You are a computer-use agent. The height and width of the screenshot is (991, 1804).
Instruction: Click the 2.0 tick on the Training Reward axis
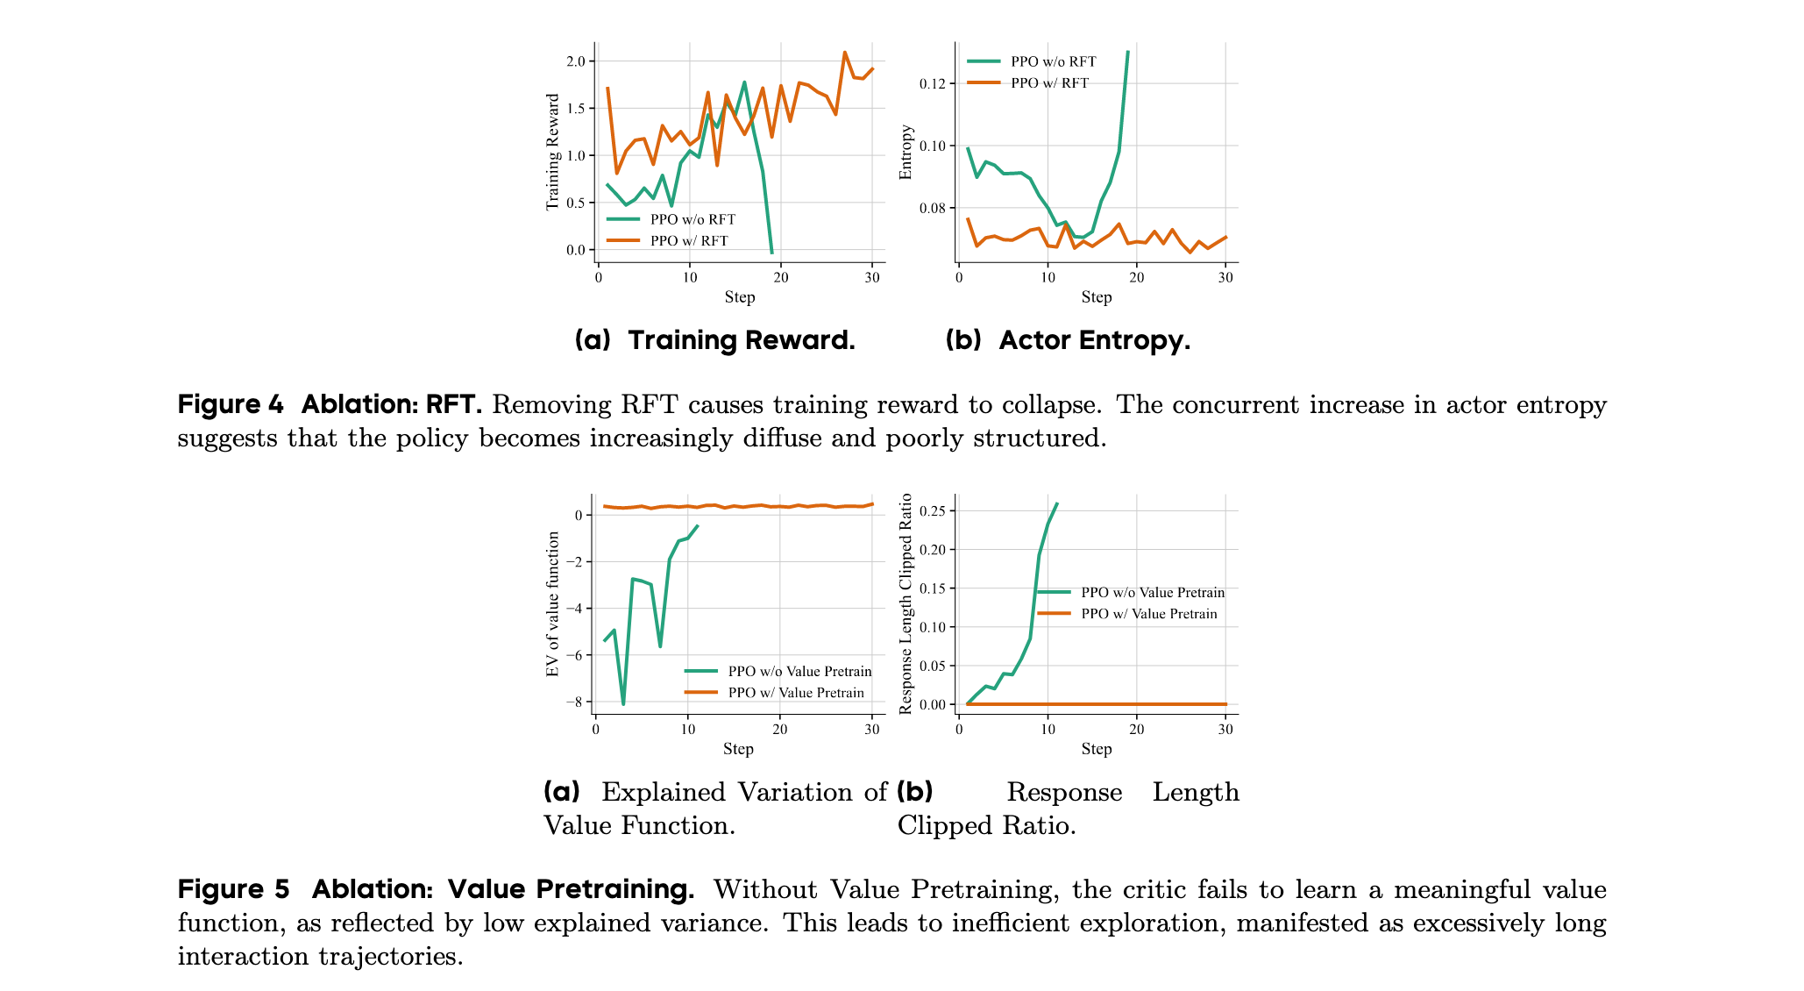[575, 61]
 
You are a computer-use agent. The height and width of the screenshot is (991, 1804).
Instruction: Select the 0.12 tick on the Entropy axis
[933, 84]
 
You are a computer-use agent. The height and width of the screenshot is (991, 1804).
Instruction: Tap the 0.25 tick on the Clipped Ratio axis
[933, 511]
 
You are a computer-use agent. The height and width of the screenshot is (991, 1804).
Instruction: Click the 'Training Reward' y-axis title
[552, 152]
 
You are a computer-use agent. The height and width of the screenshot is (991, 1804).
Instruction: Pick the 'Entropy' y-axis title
[906, 152]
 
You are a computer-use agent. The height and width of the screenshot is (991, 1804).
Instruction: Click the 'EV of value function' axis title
[552, 604]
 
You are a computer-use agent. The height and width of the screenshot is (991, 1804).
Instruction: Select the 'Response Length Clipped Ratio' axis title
[906, 603]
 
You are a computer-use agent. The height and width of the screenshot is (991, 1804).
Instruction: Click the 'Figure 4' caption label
[231, 404]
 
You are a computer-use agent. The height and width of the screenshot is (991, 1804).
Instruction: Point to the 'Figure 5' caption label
[233, 889]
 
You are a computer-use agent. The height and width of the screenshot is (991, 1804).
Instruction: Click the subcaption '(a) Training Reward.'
[715, 340]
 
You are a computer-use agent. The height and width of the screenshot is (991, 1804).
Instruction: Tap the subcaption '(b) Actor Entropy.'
[1068, 340]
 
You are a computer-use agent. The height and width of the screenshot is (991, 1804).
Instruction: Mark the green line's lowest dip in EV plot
[623, 704]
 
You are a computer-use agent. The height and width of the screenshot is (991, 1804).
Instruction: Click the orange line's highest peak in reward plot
[844, 52]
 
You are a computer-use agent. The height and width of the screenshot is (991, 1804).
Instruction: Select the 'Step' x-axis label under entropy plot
[1097, 297]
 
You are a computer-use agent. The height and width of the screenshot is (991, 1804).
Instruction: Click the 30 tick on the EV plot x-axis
[871, 729]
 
